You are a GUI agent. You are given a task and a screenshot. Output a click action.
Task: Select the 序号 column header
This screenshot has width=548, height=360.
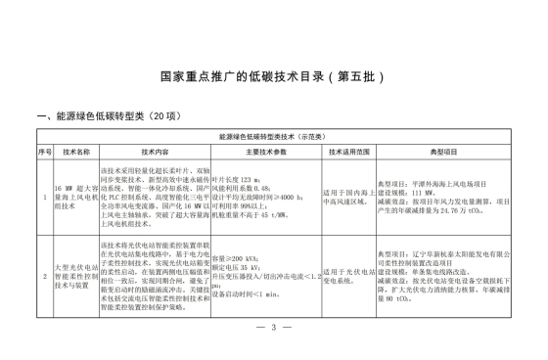tap(44, 153)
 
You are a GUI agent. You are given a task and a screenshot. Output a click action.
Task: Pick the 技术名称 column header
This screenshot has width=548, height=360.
tap(76, 153)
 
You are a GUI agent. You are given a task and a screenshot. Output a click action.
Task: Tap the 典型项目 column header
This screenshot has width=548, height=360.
tap(443, 153)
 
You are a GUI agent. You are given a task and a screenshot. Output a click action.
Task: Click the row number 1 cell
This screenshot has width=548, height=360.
tap(44, 195)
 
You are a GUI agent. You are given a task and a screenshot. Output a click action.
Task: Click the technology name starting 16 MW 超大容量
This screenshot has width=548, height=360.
tap(76, 195)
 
